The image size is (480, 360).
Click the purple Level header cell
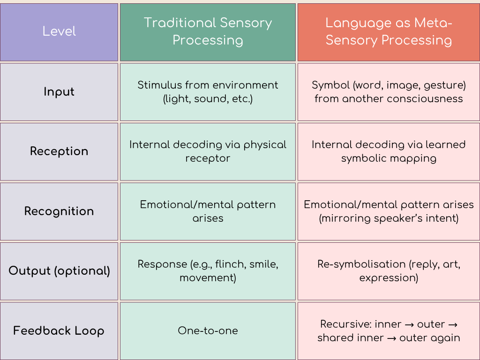coord(59,31)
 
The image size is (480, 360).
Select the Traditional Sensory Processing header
coord(208,31)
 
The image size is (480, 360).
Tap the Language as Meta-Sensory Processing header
coord(389,31)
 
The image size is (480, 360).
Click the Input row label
coord(59,91)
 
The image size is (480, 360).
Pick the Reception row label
coord(59,151)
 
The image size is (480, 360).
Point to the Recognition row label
coord(59,211)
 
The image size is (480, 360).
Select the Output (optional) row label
coord(59,271)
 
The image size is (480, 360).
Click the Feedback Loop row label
coord(59,331)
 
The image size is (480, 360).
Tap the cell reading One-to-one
coord(208,331)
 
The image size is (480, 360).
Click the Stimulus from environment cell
coord(208,92)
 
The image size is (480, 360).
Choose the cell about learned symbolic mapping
coord(389,151)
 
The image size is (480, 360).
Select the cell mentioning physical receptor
coord(208,151)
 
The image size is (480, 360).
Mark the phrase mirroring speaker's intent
coord(389,218)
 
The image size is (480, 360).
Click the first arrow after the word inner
coord(410,324)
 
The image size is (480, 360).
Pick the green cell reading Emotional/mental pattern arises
coord(208,211)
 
